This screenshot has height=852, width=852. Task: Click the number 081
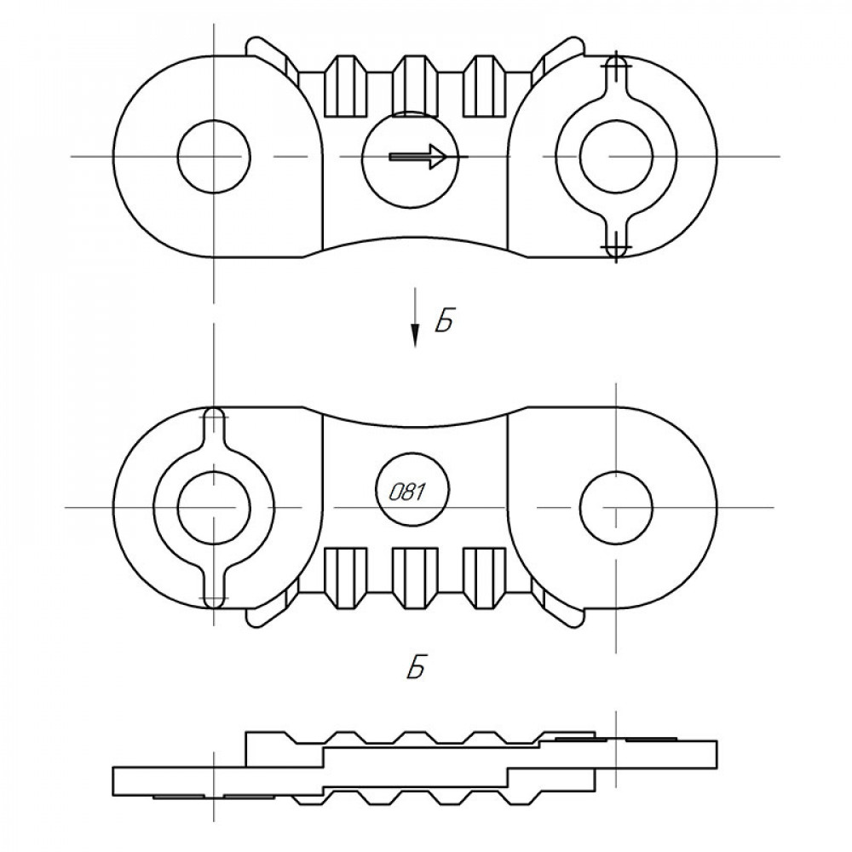[406, 492]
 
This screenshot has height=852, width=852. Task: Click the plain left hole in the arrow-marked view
[214, 156]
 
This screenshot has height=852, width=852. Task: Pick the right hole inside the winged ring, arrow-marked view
[616, 156]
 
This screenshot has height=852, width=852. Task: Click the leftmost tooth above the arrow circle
[345, 85]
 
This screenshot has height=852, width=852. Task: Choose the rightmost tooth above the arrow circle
[484, 85]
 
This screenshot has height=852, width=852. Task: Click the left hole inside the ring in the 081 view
[214, 506]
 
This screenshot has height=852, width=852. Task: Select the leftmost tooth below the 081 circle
[345, 577]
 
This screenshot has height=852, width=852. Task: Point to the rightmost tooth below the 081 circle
[484, 577]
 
